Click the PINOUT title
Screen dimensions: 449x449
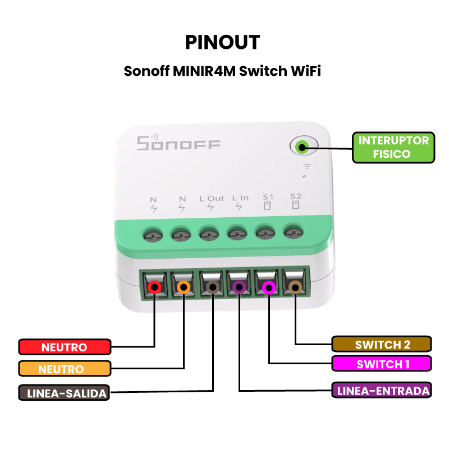coord(222,42)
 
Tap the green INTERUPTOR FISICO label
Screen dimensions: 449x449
coord(393,148)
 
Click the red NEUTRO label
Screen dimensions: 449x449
coord(65,347)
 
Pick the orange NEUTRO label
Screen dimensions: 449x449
coord(65,369)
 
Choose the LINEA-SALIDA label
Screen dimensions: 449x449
coord(64,393)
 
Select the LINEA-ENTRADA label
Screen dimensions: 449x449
coord(382,390)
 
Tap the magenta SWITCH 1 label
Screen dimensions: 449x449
coord(382,364)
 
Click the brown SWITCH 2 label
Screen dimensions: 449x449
coord(382,344)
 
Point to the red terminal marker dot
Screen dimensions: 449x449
coord(155,287)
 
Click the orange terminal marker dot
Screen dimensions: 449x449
coord(184,287)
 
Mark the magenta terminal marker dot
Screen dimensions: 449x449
coord(269,287)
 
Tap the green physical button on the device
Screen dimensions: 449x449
coord(303,147)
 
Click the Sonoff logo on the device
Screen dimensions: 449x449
coord(178,143)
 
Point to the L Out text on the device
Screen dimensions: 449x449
coord(212,199)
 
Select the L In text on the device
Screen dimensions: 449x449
coord(240,198)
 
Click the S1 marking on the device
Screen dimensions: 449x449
coord(268,197)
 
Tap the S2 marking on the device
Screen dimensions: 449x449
coord(296,196)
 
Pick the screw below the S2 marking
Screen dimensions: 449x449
coord(294,232)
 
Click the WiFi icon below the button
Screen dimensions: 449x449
coord(307,166)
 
